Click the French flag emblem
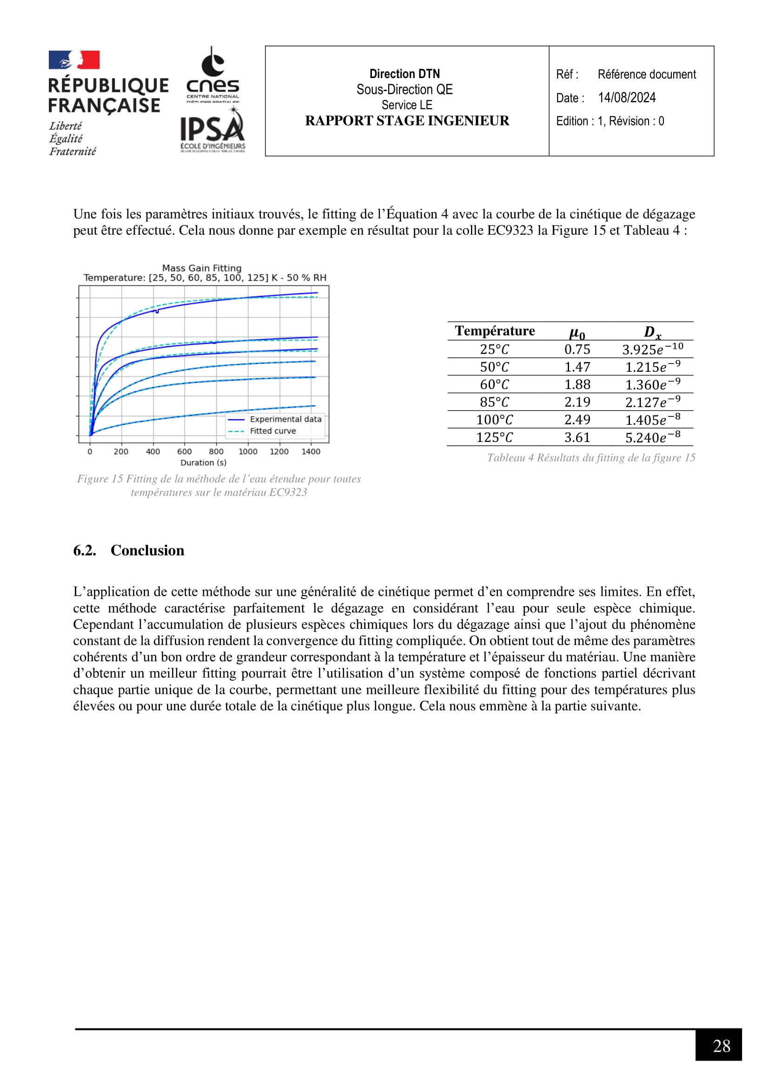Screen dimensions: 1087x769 (74, 60)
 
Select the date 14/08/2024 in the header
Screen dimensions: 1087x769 (626, 98)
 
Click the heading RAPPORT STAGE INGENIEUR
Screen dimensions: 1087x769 (407, 121)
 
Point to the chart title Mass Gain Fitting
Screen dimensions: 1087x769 (202, 268)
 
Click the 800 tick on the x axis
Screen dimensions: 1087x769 (216, 452)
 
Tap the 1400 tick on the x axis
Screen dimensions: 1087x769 (311, 452)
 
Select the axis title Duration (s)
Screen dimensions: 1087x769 (203, 462)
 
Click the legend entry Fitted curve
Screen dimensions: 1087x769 (273, 431)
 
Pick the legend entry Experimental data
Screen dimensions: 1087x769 (285, 419)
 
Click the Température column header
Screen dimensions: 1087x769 (495, 331)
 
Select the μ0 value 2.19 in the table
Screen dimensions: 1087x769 (577, 402)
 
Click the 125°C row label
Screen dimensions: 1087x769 (494, 437)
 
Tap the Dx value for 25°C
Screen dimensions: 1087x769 (652, 349)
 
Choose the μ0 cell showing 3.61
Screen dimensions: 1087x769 (577, 437)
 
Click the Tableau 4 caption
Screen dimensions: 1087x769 (591, 457)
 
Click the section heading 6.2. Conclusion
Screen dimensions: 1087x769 (129, 550)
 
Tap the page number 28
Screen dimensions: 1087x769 (721, 1046)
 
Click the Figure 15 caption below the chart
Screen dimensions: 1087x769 (219, 485)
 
